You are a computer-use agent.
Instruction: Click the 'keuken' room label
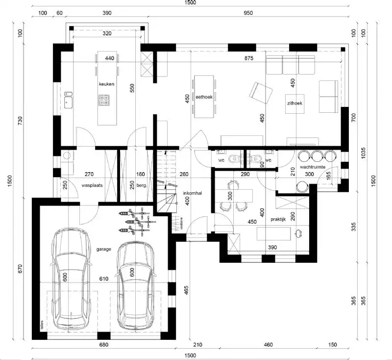pos(106,84)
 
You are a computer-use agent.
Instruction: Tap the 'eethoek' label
pos(203,98)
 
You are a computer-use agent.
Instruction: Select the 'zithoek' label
pos(294,103)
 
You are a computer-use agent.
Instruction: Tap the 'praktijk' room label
pos(278,220)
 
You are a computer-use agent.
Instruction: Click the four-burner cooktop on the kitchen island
pos(104,100)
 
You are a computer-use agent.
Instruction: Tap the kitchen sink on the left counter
pos(69,102)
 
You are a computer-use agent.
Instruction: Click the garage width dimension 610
pos(104,279)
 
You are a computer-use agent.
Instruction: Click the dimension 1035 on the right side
pos(363,154)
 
